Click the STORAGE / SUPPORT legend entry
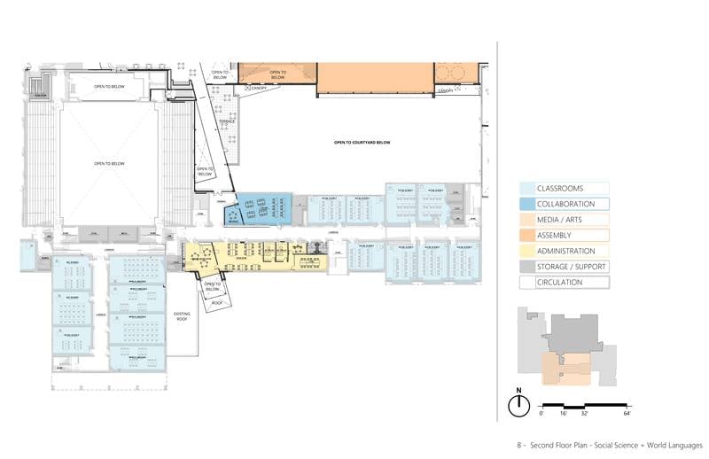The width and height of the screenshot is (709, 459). (564, 268)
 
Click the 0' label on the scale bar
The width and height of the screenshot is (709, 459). (541, 414)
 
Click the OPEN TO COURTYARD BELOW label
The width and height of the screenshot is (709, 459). (361, 142)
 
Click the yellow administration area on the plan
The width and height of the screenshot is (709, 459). (257, 257)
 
